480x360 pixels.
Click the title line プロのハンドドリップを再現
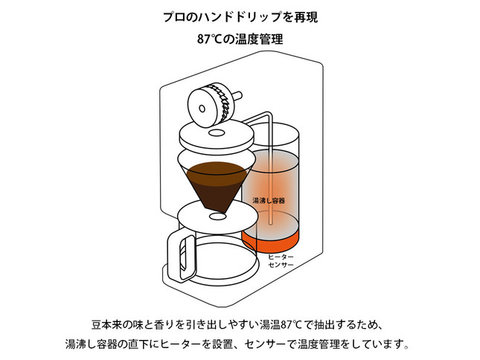[x=240, y=16]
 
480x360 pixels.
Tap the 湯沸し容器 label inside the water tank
[x=270, y=201]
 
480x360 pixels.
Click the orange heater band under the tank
[x=270, y=240]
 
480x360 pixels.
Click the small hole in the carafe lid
[x=217, y=216]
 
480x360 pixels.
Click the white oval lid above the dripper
[x=217, y=137]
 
